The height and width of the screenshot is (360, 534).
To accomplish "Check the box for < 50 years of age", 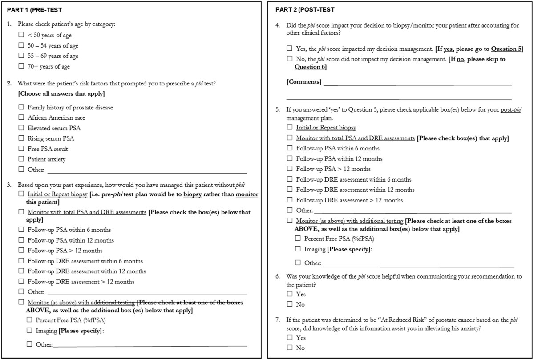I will pyautogui.click(x=21, y=35).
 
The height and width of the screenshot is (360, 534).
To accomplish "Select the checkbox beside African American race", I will pyautogui.click(x=21, y=118).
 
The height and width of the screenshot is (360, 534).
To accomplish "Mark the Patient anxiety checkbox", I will pyautogui.click(x=21, y=159).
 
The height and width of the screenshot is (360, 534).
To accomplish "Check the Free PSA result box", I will pyautogui.click(x=21, y=149).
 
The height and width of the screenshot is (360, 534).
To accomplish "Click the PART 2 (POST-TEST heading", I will pyautogui.click(x=305, y=9).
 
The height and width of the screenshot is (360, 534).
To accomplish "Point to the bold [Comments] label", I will pyautogui.click(x=304, y=82).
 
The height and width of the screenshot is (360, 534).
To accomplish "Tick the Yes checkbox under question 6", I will pyautogui.click(x=290, y=294).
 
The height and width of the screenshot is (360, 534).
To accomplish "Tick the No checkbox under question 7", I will pyautogui.click(x=290, y=348).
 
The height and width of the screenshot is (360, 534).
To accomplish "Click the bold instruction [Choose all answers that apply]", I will pyautogui.click(x=62, y=93).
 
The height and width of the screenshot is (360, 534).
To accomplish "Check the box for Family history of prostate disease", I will pyautogui.click(x=21, y=108).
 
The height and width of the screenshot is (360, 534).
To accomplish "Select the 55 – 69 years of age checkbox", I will pyautogui.click(x=21, y=56).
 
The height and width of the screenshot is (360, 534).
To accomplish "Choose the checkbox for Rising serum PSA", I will pyautogui.click(x=21, y=138).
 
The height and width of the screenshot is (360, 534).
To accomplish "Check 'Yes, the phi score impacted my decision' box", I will pyautogui.click(x=290, y=49).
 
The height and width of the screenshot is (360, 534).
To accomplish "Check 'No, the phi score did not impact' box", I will pyautogui.click(x=290, y=59).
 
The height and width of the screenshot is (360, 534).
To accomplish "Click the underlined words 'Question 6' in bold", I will pyautogui.click(x=310, y=67).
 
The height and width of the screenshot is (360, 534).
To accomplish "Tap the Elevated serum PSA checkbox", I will pyautogui.click(x=21, y=128).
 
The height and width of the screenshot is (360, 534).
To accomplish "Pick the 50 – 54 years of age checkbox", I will pyautogui.click(x=21, y=46).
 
